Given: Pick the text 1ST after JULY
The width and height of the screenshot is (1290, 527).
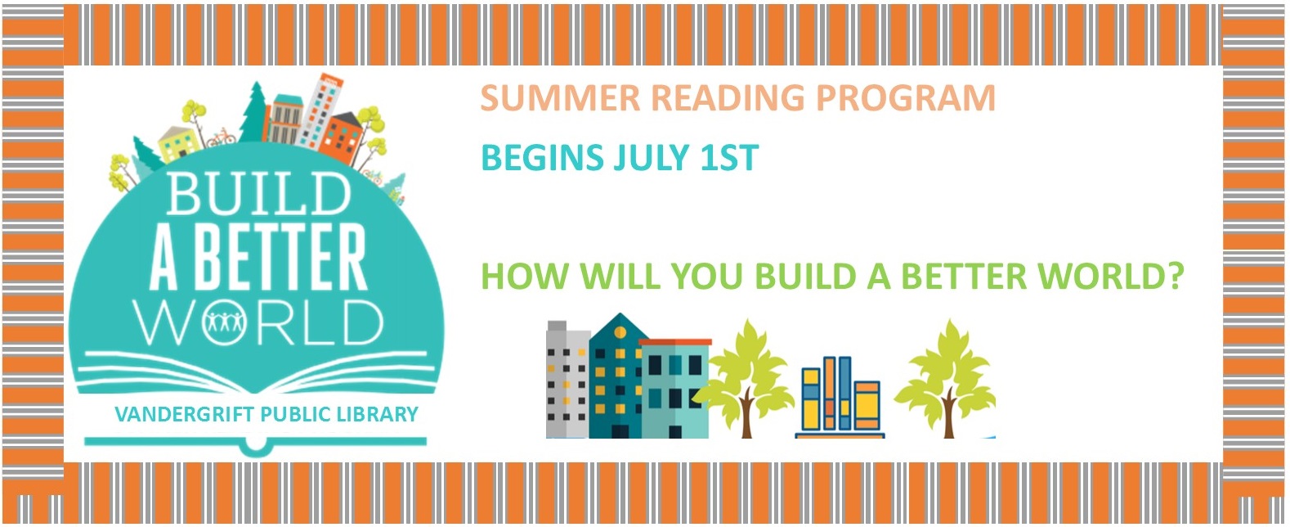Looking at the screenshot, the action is [729, 157].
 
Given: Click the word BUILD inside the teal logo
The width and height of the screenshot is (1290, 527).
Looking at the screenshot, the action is [258, 194].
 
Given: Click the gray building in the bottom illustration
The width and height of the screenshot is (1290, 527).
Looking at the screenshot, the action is [567, 380].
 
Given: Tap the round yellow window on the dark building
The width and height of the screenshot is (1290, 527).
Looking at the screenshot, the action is [620, 333].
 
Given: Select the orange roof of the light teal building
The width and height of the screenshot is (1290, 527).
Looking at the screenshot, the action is [675, 342].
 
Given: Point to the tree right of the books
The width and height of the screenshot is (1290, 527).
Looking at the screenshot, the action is [945, 379].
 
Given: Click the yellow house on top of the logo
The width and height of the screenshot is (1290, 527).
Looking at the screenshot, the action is [179, 143].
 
